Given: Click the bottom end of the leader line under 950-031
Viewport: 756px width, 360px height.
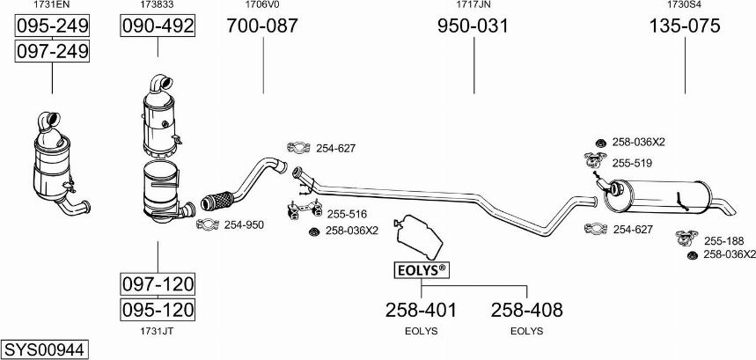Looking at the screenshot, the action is coord(474,93).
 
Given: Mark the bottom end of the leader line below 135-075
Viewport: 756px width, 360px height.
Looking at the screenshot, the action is coord(685,93).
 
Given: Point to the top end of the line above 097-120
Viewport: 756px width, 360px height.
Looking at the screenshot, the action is coord(158,241).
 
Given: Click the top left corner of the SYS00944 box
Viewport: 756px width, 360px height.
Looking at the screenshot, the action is coord(2,341).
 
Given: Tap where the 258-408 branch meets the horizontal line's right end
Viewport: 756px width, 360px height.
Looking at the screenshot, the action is coord(526,285).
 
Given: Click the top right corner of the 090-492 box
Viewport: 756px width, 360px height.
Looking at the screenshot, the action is coord(195,16).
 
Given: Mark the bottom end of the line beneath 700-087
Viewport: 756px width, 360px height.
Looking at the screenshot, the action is coord(263,93).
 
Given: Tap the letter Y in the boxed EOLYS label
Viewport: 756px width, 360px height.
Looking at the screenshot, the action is coord(426,271).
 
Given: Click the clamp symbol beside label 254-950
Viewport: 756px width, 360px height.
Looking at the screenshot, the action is coord(208,224).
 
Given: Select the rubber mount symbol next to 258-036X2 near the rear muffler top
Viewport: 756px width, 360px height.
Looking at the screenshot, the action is coord(600,143).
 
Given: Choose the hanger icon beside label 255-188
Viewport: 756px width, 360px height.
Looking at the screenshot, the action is coord(686,238).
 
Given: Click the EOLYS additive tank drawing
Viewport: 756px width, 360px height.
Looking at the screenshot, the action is coord(418,237).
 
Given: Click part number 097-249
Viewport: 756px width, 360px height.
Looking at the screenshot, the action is coord(52,51).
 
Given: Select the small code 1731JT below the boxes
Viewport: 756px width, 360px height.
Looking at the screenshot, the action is coord(158,331).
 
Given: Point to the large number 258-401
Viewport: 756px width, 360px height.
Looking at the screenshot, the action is coord(421,310).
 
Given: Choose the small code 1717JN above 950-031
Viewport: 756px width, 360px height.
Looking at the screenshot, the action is coord(473,4).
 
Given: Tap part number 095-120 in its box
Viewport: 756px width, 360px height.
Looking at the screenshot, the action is coord(158,310).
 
